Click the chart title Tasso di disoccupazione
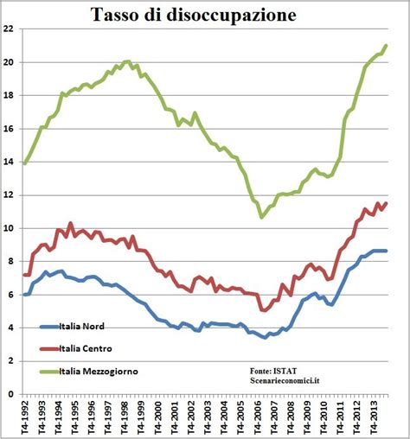coord(205,15)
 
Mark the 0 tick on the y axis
coord(12,394)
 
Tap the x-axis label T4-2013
coord(375,417)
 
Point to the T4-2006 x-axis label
coord(259,417)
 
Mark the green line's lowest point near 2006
coord(261,217)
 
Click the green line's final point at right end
coord(386,45)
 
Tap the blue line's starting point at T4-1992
coord(24,295)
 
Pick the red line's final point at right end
coord(386,203)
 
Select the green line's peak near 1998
coord(128,61)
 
